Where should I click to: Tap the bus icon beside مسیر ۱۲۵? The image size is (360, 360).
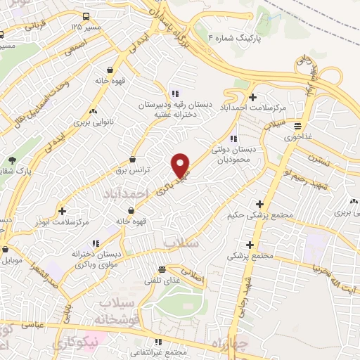coord(85,16)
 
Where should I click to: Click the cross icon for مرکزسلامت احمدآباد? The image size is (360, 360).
coord(253,96)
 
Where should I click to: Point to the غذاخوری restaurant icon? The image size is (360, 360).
coord(298,127)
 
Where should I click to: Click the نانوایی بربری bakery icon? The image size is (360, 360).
coord(93,111)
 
